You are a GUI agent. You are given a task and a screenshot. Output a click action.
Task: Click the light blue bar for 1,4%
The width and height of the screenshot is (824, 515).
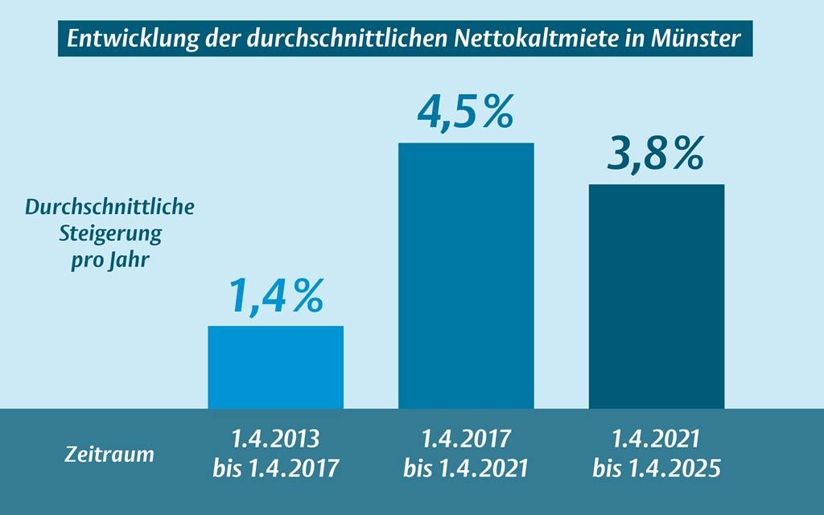pyautogui.click(x=275, y=367)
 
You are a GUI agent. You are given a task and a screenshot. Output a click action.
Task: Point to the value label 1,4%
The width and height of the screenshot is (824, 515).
pyautogui.click(x=276, y=295)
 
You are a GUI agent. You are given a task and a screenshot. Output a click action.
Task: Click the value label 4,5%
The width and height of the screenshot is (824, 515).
pyautogui.click(x=465, y=112)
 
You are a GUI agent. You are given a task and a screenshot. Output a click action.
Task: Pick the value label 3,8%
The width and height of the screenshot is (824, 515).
pyautogui.click(x=655, y=154)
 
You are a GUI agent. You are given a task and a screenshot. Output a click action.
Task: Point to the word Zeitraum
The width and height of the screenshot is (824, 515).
pyautogui.click(x=109, y=455)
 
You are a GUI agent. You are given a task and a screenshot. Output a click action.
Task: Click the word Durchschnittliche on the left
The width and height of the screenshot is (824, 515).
pyautogui.click(x=109, y=208)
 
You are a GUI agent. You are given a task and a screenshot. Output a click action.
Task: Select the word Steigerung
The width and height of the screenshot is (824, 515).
pyautogui.click(x=109, y=234)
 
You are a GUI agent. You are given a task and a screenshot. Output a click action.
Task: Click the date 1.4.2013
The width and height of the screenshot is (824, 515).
pyautogui.click(x=276, y=440)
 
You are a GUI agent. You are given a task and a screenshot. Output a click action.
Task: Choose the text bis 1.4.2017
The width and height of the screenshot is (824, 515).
pyautogui.click(x=276, y=469)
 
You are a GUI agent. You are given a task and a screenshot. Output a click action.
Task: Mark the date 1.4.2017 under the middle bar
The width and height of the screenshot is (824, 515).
pyautogui.click(x=466, y=440)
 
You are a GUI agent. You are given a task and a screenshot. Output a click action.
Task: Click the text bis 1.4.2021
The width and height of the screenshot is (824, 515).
pyautogui.click(x=466, y=469)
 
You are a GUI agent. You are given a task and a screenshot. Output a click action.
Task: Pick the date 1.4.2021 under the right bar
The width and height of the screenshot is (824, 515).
pyautogui.click(x=656, y=440)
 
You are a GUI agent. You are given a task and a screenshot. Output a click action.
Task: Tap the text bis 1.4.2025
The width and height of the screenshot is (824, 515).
pyautogui.click(x=656, y=469)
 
